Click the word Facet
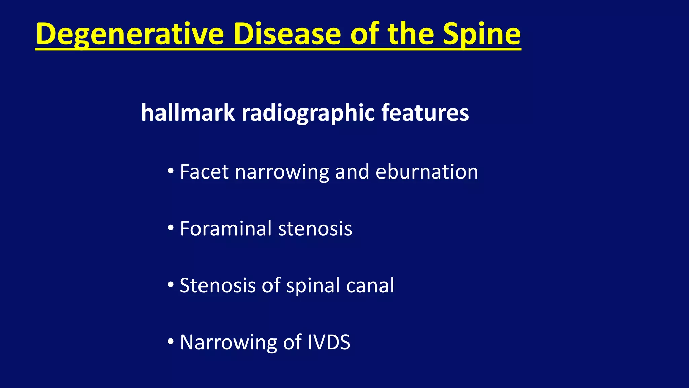point(204,172)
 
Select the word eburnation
point(427,172)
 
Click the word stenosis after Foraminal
point(315,228)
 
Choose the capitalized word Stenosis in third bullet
point(218,285)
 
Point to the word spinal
point(313,285)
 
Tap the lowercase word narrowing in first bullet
point(282,172)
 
